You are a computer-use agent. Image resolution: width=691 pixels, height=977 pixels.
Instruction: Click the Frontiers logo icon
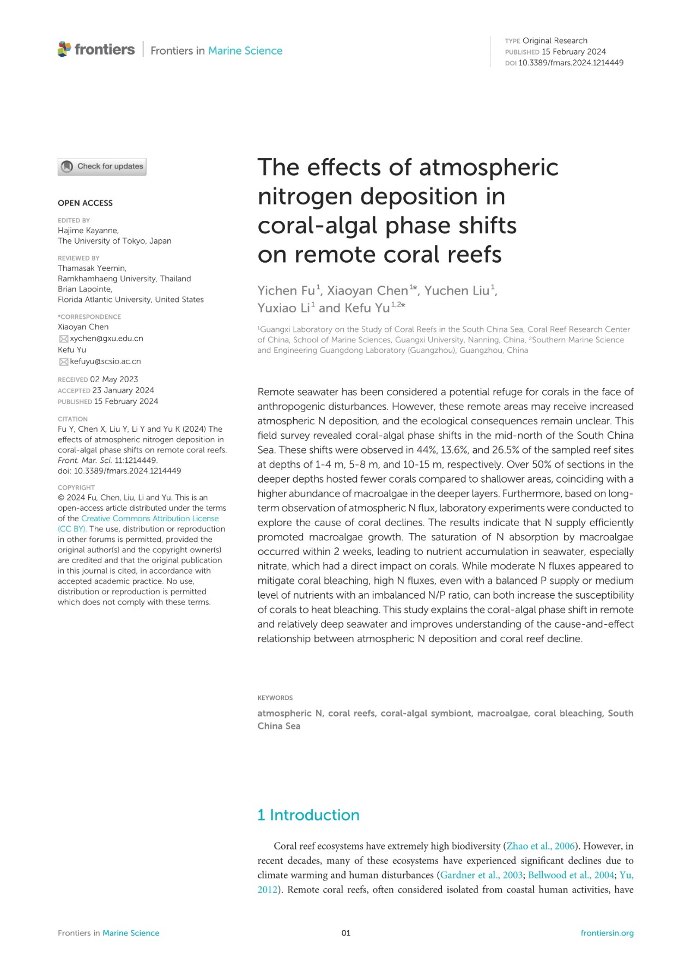(x=64, y=49)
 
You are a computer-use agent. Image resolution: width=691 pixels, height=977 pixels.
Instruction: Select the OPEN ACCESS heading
(x=85, y=203)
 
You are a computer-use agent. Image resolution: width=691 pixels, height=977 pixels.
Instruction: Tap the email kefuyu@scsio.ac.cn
(x=105, y=361)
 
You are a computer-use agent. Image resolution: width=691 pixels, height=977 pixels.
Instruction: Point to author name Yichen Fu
(x=286, y=291)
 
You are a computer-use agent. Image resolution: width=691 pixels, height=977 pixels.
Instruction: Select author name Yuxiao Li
(x=283, y=308)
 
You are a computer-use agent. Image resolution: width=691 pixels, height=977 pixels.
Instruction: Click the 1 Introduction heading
(x=308, y=815)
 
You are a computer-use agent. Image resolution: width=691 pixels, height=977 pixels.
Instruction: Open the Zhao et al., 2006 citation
(x=541, y=846)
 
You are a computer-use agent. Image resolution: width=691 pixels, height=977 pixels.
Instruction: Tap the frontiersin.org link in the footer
(x=607, y=933)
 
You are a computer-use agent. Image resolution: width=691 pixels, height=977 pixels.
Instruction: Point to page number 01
(x=346, y=933)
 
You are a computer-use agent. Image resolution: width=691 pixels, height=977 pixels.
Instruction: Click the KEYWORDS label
(x=275, y=698)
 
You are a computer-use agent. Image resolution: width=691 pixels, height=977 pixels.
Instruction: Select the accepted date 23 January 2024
(x=123, y=390)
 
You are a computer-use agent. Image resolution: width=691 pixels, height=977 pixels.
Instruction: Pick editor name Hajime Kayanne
(x=88, y=231)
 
